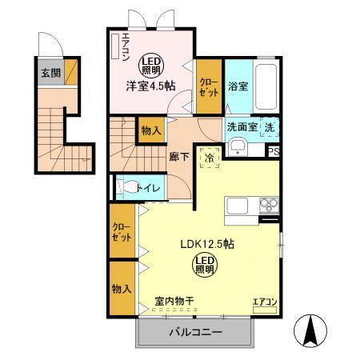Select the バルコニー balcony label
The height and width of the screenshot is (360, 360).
pos(194,332)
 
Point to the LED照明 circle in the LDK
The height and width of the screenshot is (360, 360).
pos(204,266)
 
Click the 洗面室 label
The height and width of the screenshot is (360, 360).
pos(240,126)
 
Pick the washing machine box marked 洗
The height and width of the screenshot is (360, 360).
pos(270,126)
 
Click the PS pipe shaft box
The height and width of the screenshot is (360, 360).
pos(274,151)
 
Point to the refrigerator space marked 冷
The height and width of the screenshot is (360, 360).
pos(209,158)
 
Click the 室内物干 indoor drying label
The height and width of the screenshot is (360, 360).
pos(174,302)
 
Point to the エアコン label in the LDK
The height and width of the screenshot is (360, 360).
pos(264,302)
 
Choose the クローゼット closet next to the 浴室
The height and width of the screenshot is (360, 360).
pos(210,87)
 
